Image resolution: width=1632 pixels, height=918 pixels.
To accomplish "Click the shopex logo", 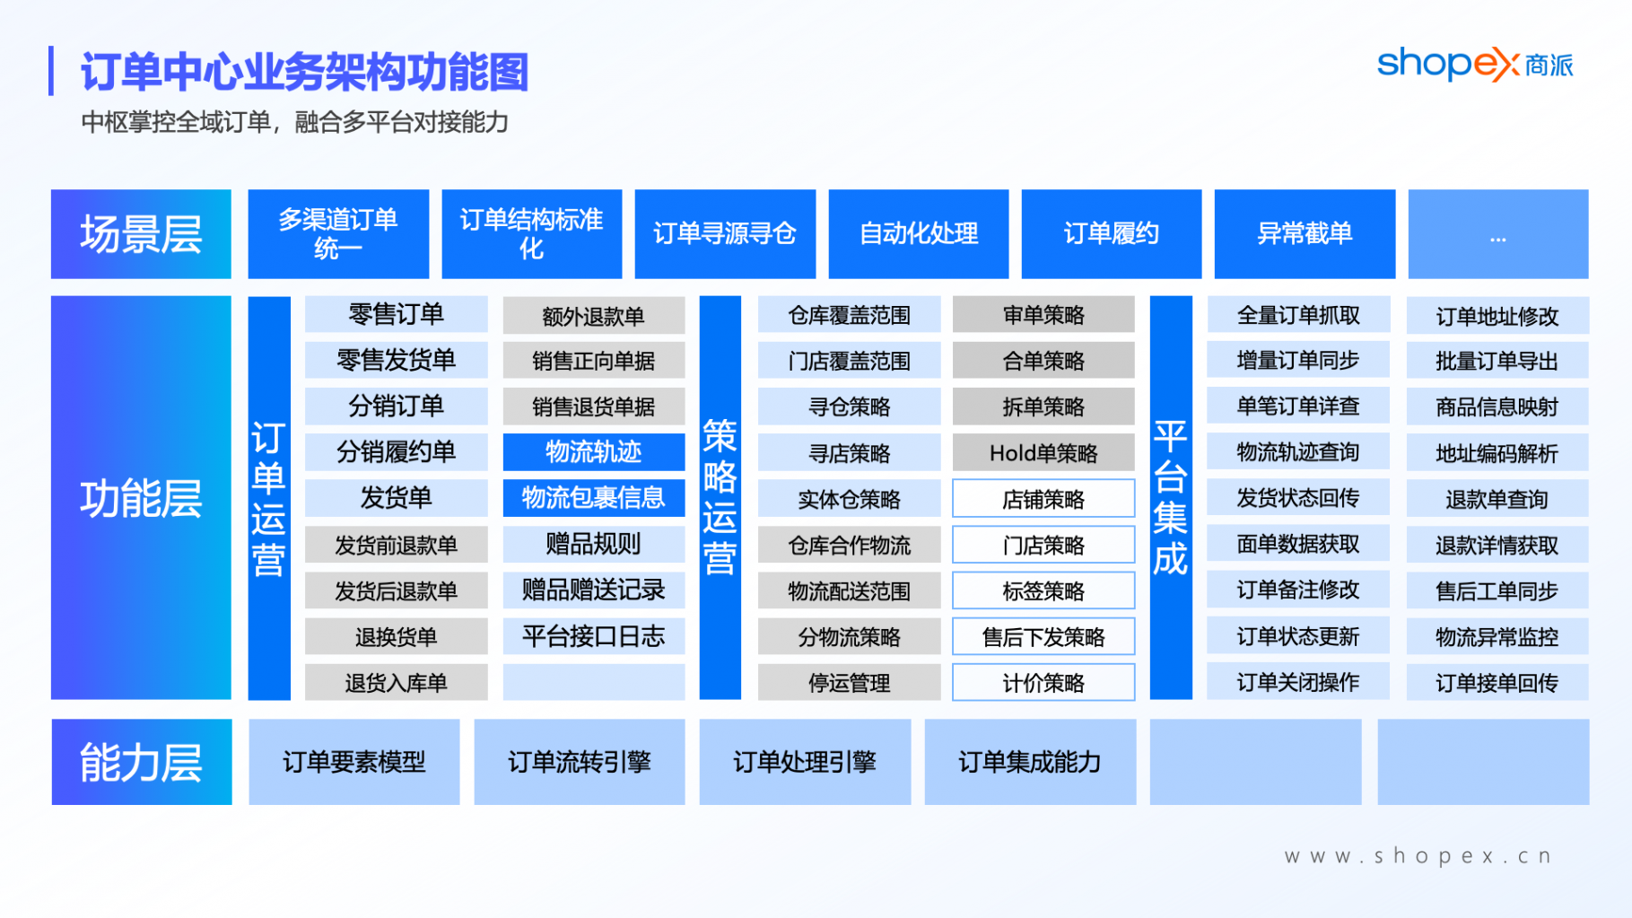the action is (1475, 65).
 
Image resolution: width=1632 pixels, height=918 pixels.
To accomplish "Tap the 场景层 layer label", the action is (141, 234).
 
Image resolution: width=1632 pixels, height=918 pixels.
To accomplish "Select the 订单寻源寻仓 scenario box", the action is (725, 234).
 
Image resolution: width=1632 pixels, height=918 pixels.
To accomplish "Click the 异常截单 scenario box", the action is (1305, 234).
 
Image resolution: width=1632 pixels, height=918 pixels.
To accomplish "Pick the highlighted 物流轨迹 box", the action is (594, 452).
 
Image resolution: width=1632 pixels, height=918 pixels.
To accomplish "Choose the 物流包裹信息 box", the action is (594, 498).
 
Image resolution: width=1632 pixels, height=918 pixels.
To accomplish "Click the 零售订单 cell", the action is (397, 315).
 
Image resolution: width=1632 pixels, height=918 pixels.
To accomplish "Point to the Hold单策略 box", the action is (1043, 453).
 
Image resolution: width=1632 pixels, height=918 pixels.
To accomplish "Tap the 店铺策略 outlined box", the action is (1043, 499).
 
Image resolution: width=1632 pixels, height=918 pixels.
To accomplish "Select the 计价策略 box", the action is (1043, 683).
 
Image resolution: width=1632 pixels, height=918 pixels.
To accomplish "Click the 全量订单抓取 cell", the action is (1298, 315).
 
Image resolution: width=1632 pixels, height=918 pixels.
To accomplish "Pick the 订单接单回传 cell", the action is (1497, 683).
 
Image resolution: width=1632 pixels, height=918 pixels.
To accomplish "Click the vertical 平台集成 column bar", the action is (1171, 498).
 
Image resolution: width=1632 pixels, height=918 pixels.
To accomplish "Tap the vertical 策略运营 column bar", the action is (720, 498).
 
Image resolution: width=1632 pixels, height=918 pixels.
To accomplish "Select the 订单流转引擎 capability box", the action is (580, 762).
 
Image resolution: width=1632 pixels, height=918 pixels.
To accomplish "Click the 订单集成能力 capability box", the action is (1030, 762).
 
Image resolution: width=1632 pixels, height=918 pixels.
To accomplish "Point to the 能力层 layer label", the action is (141, 762).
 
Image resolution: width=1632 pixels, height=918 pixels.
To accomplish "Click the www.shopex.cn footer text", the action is (1418, 856).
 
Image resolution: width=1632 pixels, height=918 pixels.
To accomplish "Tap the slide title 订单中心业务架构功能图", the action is (305, 72).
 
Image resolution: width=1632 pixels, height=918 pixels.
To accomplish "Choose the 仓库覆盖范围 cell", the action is (849, 315).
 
